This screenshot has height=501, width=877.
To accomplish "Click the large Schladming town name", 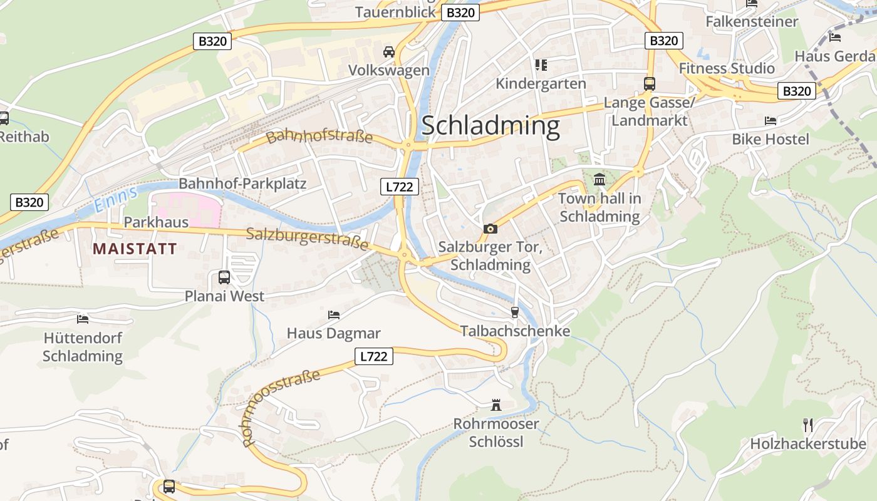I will tap(490, 126).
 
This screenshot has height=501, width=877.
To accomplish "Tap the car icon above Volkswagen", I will tap(389, 51).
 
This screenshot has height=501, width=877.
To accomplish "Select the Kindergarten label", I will tap(541, 83).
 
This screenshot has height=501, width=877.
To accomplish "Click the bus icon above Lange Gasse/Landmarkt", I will tap(649, 83).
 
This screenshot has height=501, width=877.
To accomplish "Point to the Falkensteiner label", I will tap(752, 21).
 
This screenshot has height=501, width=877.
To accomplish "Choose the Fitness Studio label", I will tap(727, 68).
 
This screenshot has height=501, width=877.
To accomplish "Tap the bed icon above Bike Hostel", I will tap(771, 120).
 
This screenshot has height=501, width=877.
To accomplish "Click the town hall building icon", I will tap(599, 180).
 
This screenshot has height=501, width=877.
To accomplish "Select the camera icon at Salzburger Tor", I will tap(490, 229).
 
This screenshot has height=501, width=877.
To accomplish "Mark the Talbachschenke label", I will tap(515, 331).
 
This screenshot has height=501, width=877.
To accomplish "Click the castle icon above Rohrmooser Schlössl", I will tap(496, 405).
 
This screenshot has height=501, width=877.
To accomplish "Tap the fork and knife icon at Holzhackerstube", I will tap(808, 425).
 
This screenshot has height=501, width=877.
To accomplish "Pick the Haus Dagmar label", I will tap(333, 333).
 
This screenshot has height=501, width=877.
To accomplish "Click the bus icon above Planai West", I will tap(224, 277).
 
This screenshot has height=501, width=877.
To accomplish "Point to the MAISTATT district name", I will tap(135, 249).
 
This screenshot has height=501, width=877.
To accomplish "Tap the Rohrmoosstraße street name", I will tap(281, 408).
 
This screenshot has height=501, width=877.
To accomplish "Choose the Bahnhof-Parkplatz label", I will tap(242, 183).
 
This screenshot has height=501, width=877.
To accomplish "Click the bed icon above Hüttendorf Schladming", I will tap(83, 319).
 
